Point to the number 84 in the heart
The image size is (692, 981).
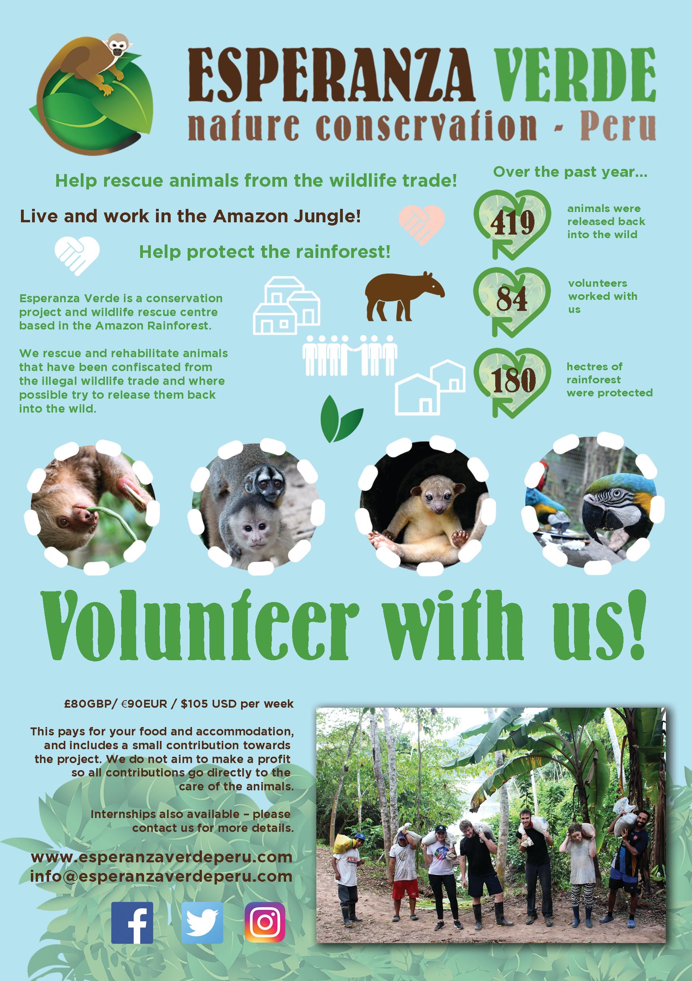[x=512, y=299]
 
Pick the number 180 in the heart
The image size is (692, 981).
[x=513, y=380]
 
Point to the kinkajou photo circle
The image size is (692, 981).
[x=424, y=504]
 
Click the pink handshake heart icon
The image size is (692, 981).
[x=422, y=225]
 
